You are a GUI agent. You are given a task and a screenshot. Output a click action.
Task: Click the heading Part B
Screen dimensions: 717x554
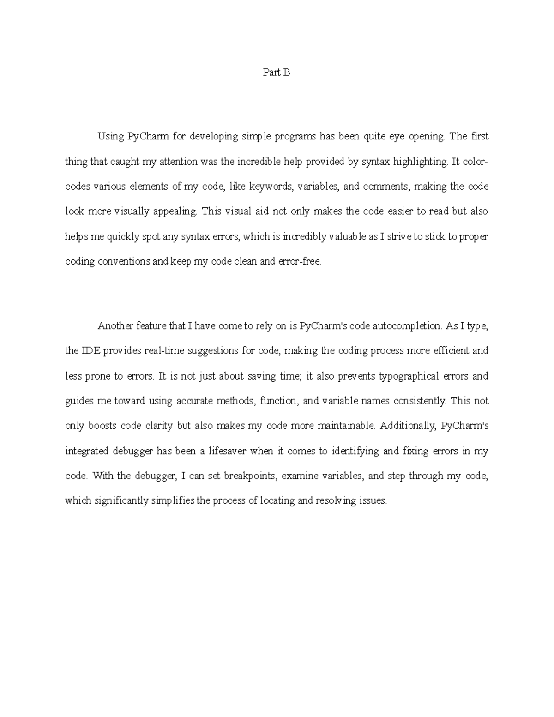[x=277, y=72]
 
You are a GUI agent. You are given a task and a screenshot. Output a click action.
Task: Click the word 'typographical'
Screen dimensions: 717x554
[x=409, y=376]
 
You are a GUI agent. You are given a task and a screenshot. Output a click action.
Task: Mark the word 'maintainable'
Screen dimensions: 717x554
[x=346, y=426]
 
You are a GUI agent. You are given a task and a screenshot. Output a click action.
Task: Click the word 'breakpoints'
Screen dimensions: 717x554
[x=250, y=476]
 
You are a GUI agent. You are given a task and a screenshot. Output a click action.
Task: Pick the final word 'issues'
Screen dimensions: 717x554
[x=373, y=501]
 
